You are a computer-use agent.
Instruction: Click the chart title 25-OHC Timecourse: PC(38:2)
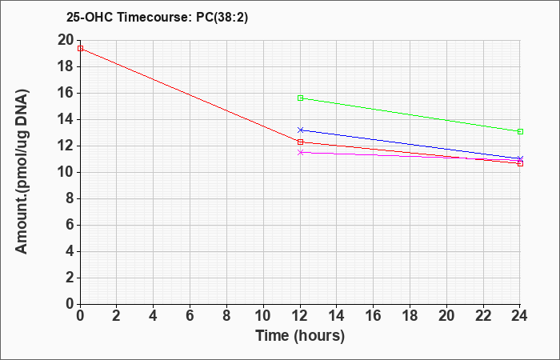(x=157, y=17)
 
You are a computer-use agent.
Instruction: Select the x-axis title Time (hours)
(x=300, y=336)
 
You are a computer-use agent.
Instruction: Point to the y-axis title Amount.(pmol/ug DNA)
(x=22, y=171)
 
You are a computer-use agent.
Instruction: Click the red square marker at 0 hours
(x=80, y=48)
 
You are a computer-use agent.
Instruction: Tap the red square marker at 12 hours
(x=300, y=142)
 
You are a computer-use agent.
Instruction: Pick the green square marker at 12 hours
(x=300, y=98)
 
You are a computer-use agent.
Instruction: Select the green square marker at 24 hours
(x=520, y=131)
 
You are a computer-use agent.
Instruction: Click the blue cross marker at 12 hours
(x=300, y=130)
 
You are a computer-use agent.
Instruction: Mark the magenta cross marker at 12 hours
(x=300, y=153)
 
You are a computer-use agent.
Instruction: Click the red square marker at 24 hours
(x=520, y=163)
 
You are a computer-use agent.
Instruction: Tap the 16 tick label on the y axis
(x=66, y=94)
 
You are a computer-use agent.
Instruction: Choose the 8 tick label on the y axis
(x=70, y=199)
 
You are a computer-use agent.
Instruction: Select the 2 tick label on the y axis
(x=70, y=278)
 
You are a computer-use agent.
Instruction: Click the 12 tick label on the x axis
(x=300, y=316)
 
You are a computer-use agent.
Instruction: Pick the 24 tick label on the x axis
(x=519, y=316)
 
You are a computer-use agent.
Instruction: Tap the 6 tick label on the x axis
(x=190, y=316)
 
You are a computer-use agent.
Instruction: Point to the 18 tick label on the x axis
(x=410, y=316)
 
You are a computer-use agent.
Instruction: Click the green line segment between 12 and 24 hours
(x=410, y=114)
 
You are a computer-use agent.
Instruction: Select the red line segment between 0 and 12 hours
(x=190, y=95)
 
